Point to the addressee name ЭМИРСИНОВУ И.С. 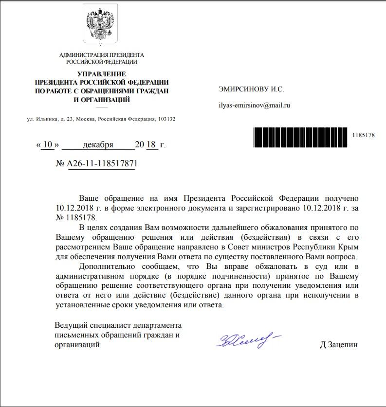(251, 89)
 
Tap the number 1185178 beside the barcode (363, 135)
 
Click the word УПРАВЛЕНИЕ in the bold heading (101, 74)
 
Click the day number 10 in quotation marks (47, 144)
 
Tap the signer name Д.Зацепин (339, 344)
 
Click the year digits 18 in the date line (152, 144)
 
